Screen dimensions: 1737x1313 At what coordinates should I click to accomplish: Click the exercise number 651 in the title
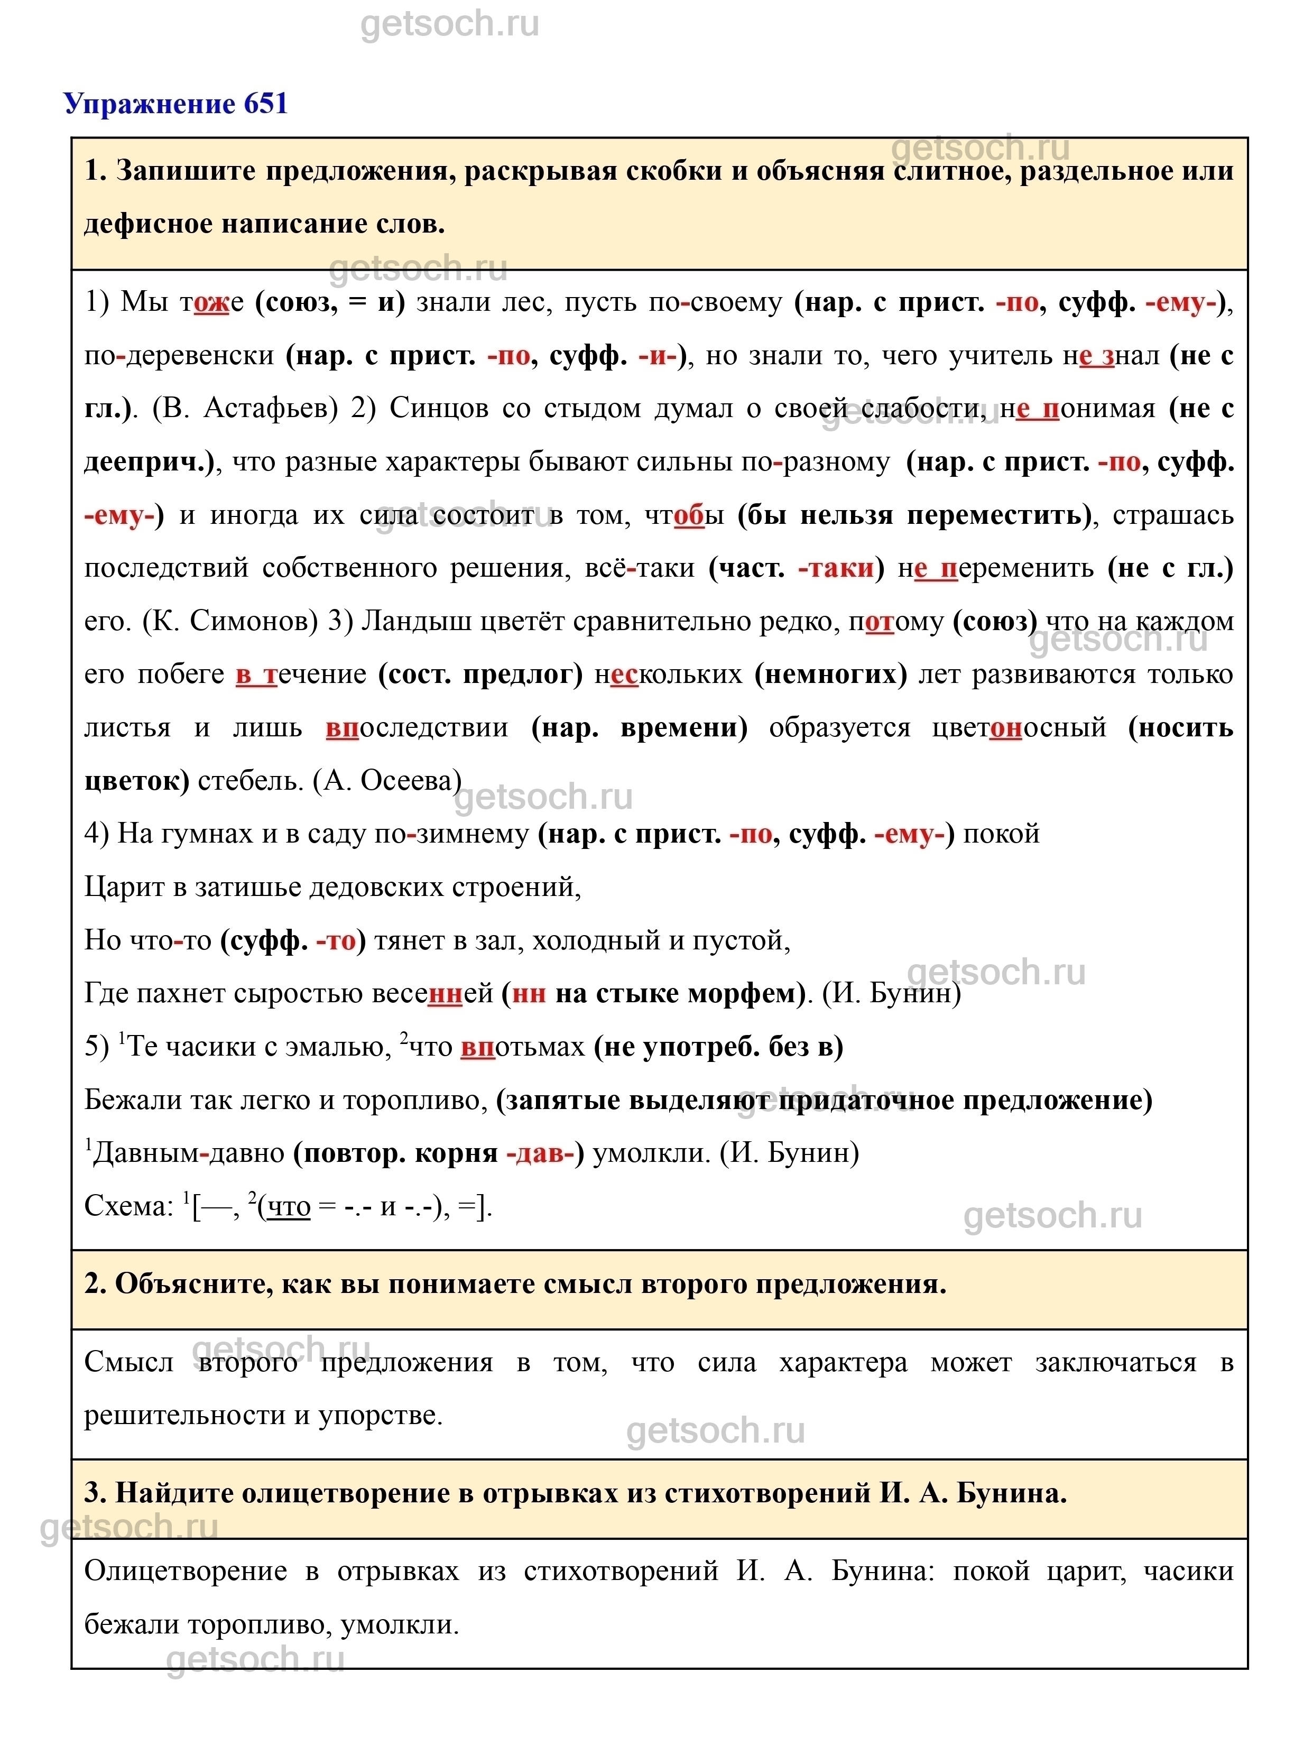tap(265, 104)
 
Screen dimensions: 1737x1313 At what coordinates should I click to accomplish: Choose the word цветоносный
tap(1019, 728)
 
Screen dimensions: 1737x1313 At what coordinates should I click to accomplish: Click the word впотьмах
tap(522, 1047)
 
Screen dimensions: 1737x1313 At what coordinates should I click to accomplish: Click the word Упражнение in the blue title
tap(149, 104)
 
